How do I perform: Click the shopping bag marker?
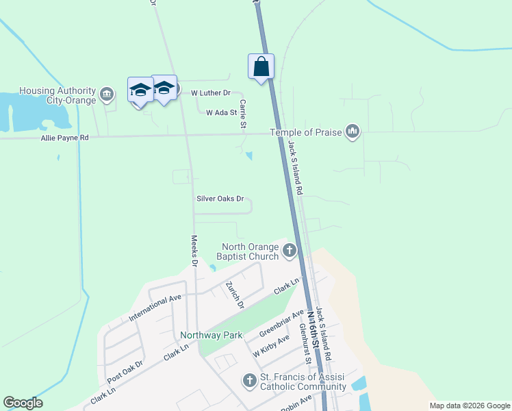[x=261, y=66]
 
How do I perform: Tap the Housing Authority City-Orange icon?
[x=107, y=93]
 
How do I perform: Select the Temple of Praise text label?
[x=305, y=132]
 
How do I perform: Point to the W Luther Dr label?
[x=211, y=92]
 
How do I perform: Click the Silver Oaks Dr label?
[x=220, y=199]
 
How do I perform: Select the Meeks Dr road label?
[x=194, y=251]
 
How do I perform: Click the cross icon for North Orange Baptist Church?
[x=290, y=251]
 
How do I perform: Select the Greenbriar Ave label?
[x=281, y=324]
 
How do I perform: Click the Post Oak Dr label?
[x=125, y=370]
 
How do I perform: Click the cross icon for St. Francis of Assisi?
[x=250, y=380]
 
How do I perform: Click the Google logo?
[x=23, y=403]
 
